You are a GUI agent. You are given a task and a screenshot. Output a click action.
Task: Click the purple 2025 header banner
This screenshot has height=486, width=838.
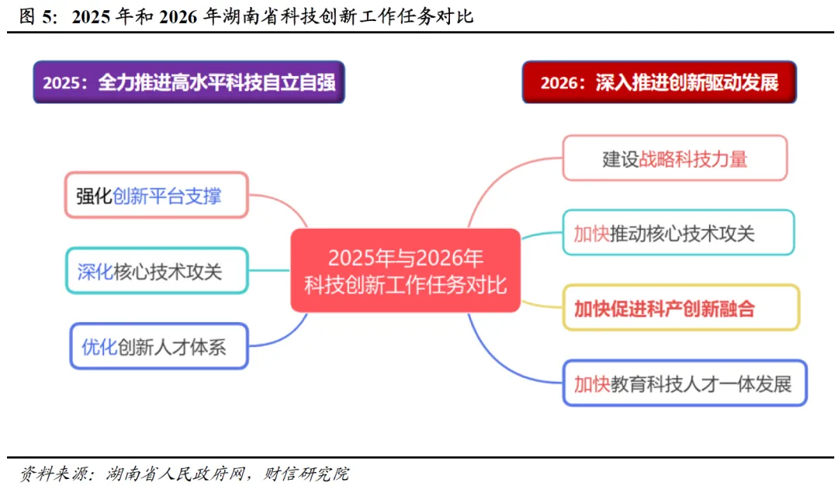189,82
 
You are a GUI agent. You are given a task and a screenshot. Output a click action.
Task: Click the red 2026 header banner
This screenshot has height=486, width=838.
660,82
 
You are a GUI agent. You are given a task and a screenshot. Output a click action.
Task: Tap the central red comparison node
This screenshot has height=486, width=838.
405,271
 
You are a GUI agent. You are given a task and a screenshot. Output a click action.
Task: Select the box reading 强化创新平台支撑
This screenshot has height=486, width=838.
156,195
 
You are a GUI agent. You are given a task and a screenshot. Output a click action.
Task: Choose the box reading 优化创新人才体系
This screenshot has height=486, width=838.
158,346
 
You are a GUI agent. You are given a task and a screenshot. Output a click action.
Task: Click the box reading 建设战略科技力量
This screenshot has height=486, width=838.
675,158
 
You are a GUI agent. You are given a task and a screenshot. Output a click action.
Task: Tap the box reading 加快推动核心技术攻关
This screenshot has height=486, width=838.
678,232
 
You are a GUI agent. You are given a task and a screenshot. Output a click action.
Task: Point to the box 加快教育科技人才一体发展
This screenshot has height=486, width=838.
684,383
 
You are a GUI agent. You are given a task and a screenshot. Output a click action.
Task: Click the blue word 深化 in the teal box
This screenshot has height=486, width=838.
95,271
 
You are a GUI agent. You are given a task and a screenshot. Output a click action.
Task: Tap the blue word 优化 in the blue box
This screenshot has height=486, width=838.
99,346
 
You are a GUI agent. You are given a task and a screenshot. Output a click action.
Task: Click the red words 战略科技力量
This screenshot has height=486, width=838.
694,158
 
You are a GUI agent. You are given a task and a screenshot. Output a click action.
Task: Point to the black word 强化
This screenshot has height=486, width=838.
94,195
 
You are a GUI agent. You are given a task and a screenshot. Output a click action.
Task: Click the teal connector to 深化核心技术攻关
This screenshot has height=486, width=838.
269,271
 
